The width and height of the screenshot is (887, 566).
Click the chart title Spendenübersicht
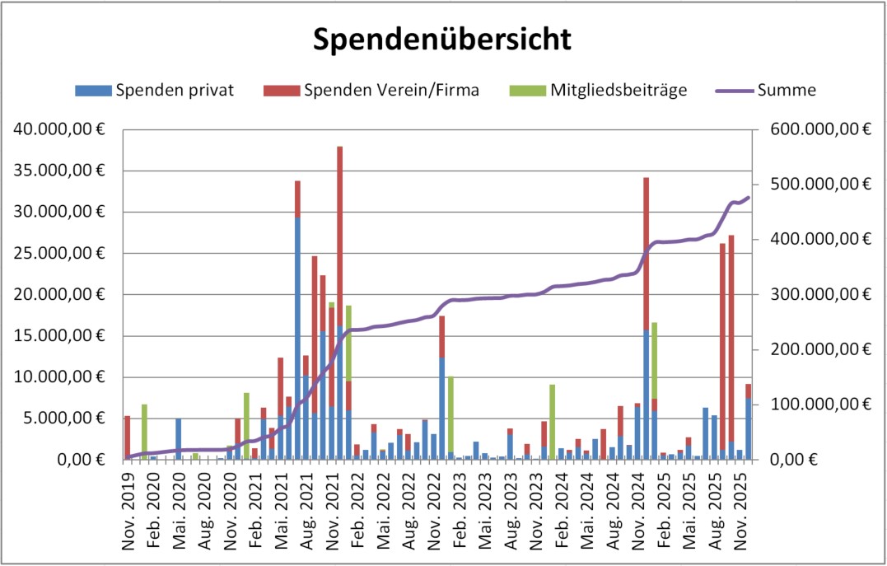tap(442, 39)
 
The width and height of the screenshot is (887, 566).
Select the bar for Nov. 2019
tap(128, 437)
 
